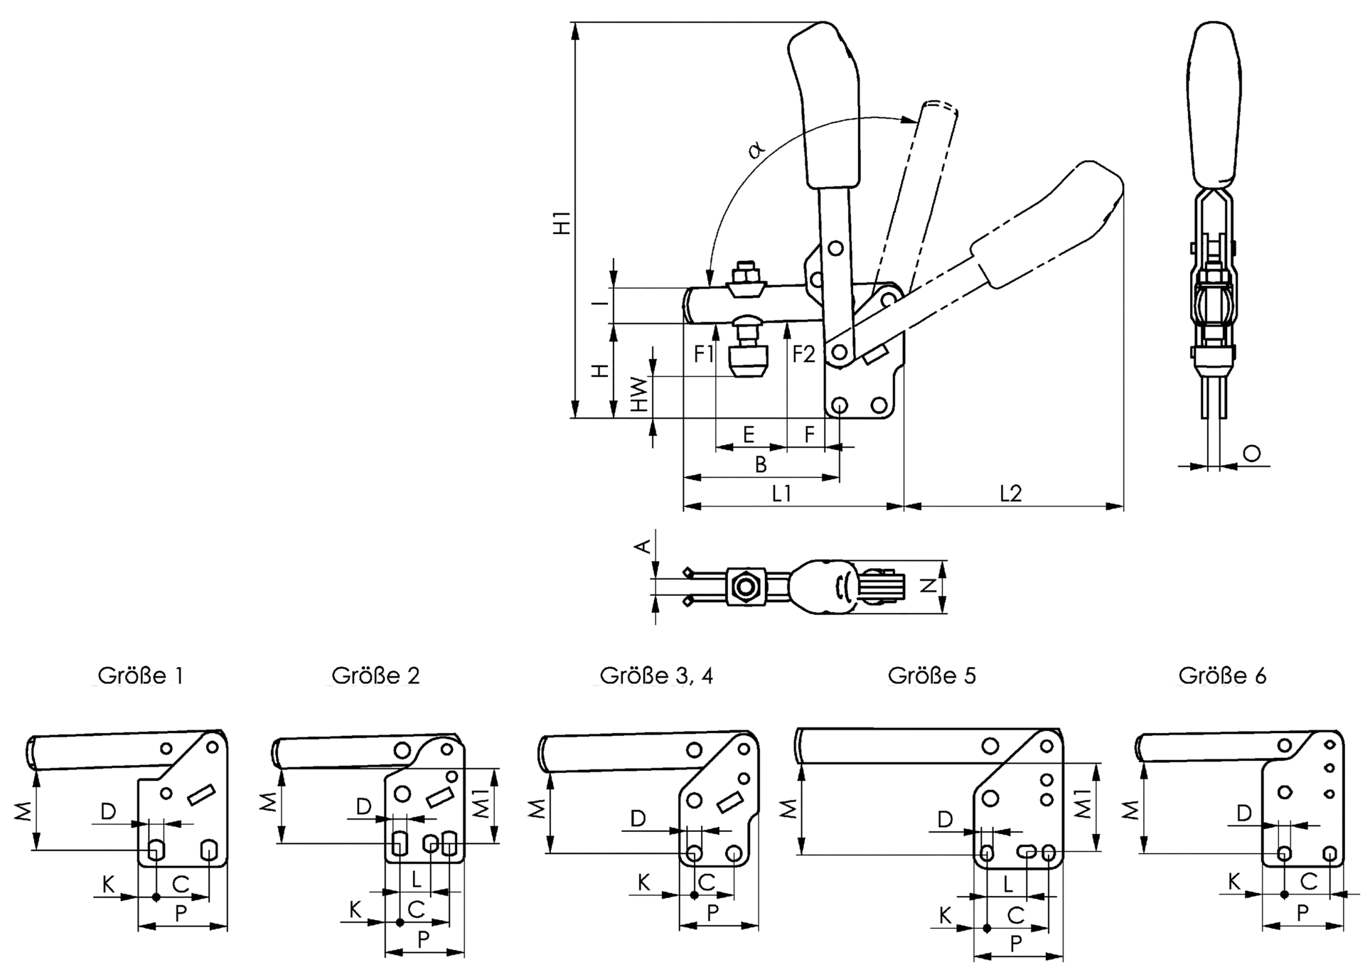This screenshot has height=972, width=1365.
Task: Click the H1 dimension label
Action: point(562,223)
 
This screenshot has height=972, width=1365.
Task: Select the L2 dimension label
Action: point(1010,493)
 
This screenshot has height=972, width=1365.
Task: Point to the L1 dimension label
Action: point(781,493)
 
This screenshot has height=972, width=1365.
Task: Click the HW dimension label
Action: point(641,395)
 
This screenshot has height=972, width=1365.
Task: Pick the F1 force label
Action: point(704,353)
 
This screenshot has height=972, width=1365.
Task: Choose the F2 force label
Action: point(803,353)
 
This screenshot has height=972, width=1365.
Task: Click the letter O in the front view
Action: point(1252,453)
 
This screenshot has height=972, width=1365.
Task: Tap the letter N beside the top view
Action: point(928,585)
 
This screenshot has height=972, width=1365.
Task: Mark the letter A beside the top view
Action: point(642,546)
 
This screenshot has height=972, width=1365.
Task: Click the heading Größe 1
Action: point(141,675)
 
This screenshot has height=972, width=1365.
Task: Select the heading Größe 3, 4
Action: point(655,675)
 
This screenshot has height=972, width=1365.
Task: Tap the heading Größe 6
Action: point(1221,675)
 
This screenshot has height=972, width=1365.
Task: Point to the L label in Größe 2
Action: point(417,880)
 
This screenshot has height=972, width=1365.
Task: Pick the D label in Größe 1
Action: point(108,811)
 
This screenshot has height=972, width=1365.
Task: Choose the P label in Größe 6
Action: point(1302,913)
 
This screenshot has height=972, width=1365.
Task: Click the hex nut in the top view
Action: point(746,587)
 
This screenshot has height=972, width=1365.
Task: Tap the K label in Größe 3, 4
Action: point(643,882)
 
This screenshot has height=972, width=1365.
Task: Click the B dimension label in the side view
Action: point(761,464)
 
